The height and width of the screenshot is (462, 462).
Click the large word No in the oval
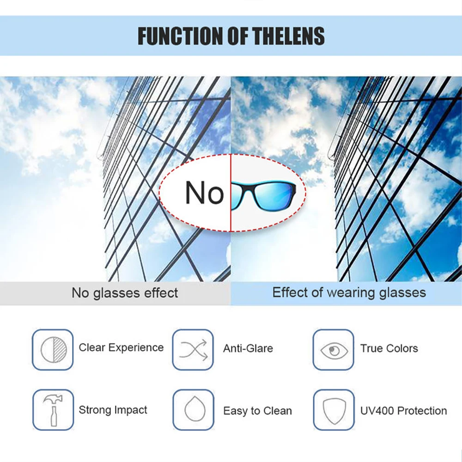tap(204, 193)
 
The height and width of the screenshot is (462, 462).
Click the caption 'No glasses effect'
tap(125, 293)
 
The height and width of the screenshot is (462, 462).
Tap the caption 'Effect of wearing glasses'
tap(349, 292)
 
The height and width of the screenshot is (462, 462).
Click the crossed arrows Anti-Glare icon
tap(193, 349)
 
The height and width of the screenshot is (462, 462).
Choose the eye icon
tap(334, 350)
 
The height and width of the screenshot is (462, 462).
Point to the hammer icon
tap(52, 410)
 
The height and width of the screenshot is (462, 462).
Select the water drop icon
tap(193, 410)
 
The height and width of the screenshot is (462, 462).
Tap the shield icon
tap(334, 410)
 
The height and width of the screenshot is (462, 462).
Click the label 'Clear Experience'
tap(121, 347)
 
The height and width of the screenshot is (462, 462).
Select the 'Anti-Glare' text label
tap(248, 348)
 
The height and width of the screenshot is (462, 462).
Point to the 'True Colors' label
tap(389, 348)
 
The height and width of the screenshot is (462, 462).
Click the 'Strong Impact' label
tap(113, 410)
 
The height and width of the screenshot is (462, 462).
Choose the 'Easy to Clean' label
tap(257, 411)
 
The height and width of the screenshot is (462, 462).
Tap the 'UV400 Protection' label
tap(403, 411)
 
